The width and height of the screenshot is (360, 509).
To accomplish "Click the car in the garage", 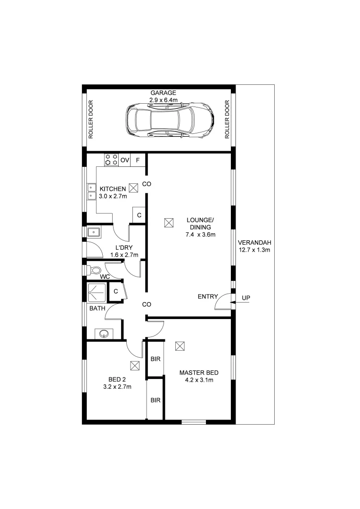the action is [170, 120].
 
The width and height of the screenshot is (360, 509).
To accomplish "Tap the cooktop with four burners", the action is [111, 160].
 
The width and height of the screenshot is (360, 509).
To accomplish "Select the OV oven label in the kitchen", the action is [125, 160].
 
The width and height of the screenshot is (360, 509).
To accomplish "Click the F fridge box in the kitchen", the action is [138, 160].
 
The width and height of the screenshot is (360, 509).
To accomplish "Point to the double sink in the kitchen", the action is [91, 191].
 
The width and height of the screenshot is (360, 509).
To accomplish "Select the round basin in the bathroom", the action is [104, 334].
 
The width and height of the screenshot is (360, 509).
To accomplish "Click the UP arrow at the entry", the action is [239, 303].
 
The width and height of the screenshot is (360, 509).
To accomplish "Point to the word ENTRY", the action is [208, 296].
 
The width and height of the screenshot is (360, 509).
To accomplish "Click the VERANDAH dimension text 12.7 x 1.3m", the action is [254, 250].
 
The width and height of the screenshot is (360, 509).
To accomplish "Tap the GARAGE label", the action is [164, 93].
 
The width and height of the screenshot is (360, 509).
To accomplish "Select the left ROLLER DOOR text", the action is [91, 119].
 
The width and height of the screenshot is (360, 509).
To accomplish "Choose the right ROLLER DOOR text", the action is [227, 119].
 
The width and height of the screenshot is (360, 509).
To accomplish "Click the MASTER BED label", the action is [199, 373].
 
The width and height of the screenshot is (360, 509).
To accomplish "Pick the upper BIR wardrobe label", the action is [155, 359].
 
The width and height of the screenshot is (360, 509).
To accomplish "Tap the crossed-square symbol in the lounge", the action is [169, 223].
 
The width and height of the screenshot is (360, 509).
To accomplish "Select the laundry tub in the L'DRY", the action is [94, 232].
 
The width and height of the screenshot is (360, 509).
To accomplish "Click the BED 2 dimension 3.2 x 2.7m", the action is [117, 386].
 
